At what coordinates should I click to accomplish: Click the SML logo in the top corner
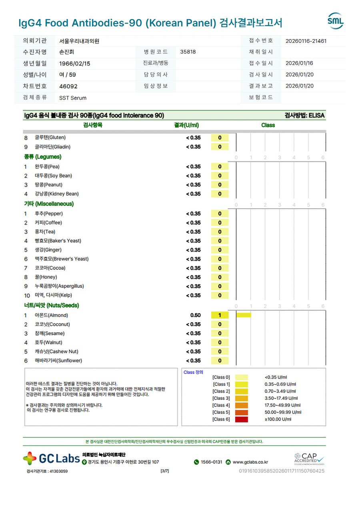coord(335,21)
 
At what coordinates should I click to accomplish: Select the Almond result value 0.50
coord(195,315)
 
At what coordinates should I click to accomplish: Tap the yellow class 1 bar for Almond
coord(244,315)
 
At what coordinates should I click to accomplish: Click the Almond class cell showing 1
coord(220,315)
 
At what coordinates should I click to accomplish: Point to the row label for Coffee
coord(48,223)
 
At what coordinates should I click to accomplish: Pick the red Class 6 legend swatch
coord(241,419)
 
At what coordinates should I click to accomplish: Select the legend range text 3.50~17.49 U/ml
coord(281,398)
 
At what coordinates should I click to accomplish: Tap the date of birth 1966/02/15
coord(75,64)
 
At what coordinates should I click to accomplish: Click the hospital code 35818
coord(188,52)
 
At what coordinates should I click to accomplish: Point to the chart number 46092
coord(68,86)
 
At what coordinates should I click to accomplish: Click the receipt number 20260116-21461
coord(306,41)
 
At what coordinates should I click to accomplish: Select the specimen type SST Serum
coord(73,98)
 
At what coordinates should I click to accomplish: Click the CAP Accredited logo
coord(309,459)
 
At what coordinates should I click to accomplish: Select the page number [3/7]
coord(164,471)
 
